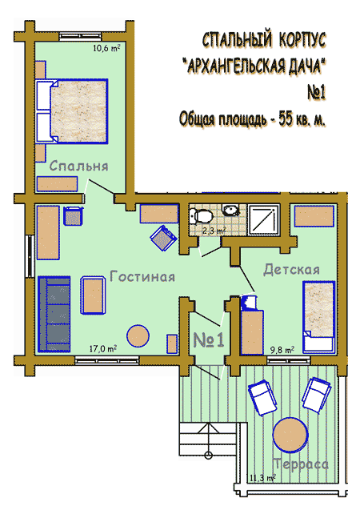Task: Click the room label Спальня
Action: [x=79, y=166]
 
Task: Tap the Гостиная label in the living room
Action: [x=142, y=276]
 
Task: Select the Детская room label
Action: [x=291, y=270]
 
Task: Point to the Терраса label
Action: [x=301, y=464]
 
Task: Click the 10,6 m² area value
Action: [x=106, y=49]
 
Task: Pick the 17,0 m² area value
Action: [x=103, y=349]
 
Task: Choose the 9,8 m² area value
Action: [x=282, y=350]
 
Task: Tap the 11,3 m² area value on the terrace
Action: [x=262, y=478]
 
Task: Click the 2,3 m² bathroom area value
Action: [x=214, y=231]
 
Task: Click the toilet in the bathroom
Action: [x=201, y=215]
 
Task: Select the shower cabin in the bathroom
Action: [x=264, y=219]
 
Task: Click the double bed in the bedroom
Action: [x=71, y=111]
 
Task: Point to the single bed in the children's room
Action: [x=318, y=317]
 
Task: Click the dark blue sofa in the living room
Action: [x=54, y=314]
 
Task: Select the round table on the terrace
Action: [x=290, y=435]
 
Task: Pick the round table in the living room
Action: [x=138, y=336]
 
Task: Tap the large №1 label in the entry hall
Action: [x=209, y=340]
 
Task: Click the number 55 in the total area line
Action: [x=286, y=119]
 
